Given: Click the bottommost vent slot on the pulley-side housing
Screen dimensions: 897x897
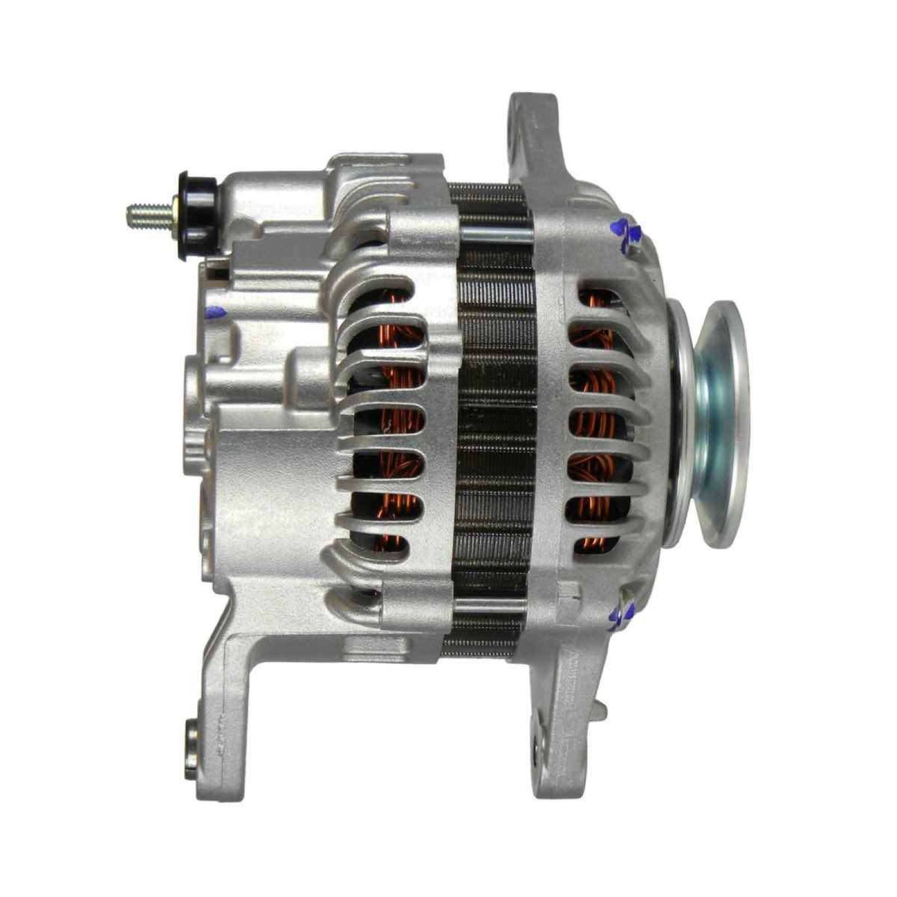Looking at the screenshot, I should [589, 542].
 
